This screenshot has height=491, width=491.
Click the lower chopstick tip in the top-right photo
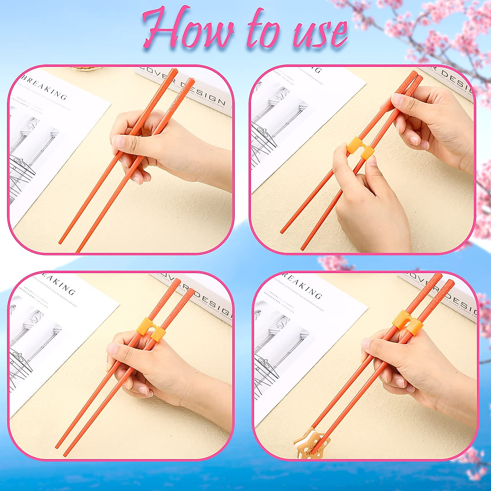tap(303, 248)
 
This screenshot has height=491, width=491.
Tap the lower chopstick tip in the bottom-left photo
tap(65, 454)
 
